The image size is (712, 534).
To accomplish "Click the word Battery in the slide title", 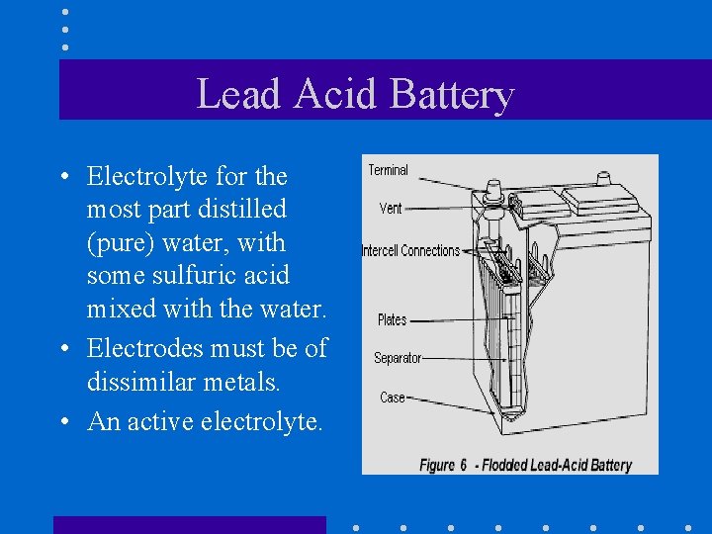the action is click(452, 95).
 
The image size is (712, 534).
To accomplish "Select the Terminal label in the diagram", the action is click(388, 170).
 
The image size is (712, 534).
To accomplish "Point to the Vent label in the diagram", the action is click(391, 209).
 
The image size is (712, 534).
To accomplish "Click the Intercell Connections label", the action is click(410, 251).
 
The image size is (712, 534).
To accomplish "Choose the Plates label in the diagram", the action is click(392, 319).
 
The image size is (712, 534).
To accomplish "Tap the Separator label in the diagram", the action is click(397, 358).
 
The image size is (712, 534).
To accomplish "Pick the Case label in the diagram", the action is click(393, 398).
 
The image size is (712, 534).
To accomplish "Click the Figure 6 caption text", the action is click(525, 465).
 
